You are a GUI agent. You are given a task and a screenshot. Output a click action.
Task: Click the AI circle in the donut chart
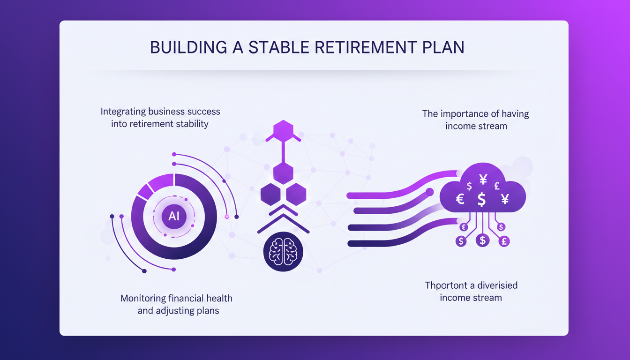(x=174, y=216)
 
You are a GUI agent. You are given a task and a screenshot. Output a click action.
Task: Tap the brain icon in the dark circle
(x=283, y=252)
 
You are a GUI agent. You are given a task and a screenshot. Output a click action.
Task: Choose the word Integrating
(x=123, y=112)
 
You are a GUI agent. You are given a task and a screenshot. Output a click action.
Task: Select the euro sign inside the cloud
(x=460, y=199)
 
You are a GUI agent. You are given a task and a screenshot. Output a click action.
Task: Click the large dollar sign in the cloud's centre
(x=481, y=199)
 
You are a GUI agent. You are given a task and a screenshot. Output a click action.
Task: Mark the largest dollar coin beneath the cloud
(x=482, y=240)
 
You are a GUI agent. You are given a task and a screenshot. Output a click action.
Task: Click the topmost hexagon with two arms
(x=283, y=131)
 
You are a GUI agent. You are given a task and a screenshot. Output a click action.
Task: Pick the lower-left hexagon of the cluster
(x=270, y=194)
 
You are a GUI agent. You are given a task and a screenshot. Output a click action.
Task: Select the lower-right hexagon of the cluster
(x=296, y=194)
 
